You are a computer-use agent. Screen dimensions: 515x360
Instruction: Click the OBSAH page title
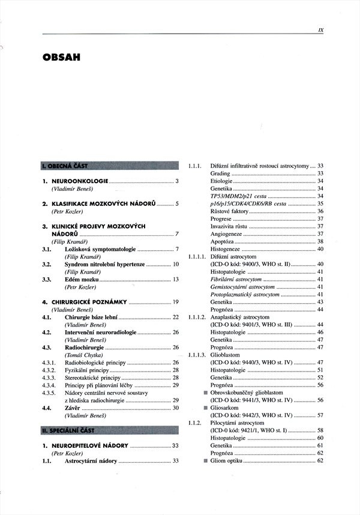tap(62, 58)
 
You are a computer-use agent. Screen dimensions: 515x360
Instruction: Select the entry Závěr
tap(72, 408)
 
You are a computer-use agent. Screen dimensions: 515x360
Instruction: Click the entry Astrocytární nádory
tap(91, 461)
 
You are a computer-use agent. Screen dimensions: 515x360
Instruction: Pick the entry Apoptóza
tap(222, 241)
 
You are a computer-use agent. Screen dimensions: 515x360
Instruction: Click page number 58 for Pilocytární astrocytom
tap(320, 430)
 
